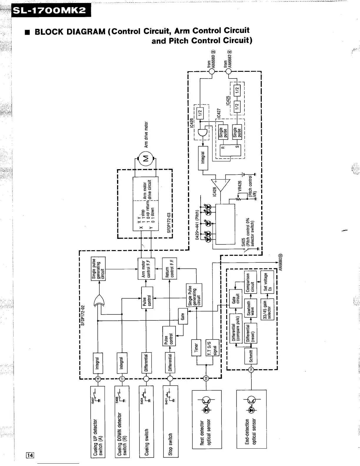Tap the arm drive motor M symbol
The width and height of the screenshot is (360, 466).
145,158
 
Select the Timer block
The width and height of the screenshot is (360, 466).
196,347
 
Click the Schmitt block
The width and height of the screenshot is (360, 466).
251,356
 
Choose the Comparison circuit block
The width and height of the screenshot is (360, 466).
251,282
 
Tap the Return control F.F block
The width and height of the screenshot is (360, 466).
169,268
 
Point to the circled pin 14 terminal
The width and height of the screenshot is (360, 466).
251,370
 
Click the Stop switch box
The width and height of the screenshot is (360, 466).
170,424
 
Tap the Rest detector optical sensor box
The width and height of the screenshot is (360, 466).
206,419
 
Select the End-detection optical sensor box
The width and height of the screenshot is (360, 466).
251,419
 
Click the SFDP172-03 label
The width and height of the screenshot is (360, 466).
169,223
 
